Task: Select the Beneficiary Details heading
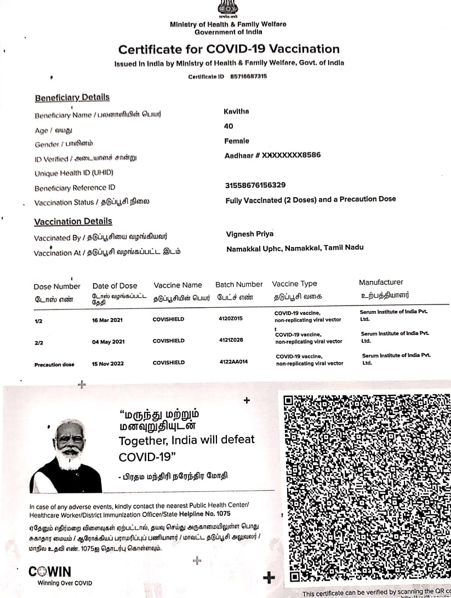coord(72,97)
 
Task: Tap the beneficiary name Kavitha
coord(236,112)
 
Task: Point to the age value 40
coord(229,126)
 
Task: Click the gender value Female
coord(237,141)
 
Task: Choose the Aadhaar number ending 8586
coord(272,156)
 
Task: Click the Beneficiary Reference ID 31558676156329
coord(255,185)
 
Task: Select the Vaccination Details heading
coord(73,221)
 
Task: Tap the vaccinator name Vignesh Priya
coord(250,234)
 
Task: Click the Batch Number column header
coord(239,284)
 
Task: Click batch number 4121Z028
coord(231,340)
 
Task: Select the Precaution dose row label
coord(54,365)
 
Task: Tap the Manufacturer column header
coord(381,283)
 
